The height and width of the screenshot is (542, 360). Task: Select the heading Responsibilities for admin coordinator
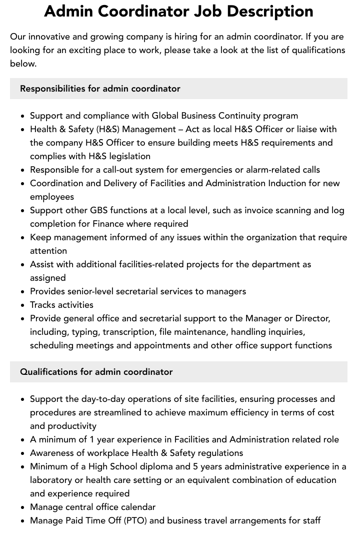point(100,89)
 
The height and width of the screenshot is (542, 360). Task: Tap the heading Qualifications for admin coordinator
point(96,372)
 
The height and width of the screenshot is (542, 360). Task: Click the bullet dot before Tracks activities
point(23,305)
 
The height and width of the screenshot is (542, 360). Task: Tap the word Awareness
point(51,453)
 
